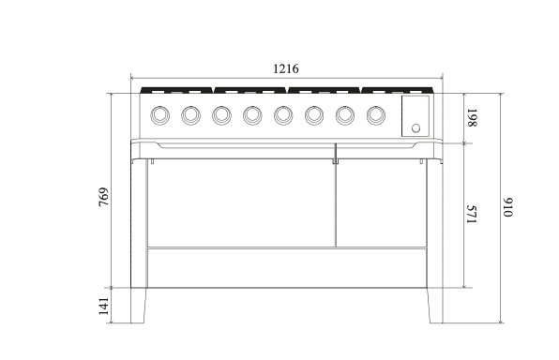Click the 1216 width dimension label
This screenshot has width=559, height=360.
285,68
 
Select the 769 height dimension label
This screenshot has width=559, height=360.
103,197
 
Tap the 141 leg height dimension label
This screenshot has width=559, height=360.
103,307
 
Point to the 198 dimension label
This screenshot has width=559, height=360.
472,117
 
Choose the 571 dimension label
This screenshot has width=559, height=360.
472,214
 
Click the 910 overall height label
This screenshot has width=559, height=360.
507,207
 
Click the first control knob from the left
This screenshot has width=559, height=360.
160,115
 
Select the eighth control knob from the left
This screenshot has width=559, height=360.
376,115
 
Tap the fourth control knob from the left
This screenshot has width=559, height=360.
252,115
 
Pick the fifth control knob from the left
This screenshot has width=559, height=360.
283,115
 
